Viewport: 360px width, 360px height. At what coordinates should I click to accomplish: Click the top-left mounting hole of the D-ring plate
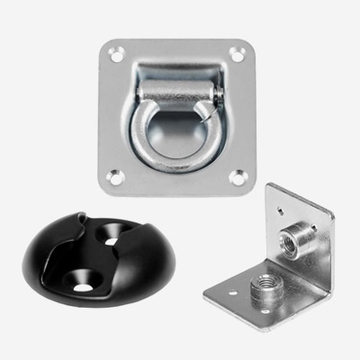116,56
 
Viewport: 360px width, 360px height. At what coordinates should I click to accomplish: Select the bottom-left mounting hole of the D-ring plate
115,177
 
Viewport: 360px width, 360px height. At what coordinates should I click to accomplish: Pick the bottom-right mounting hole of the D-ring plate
238,176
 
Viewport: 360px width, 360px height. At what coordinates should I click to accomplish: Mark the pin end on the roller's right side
217,92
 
